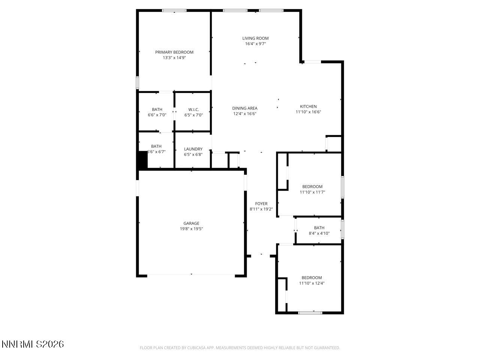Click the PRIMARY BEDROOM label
pos(174,52)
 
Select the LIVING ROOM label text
pos(255,38)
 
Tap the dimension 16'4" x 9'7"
pos(255,44)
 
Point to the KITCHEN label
pos(308,106)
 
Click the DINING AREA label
pos(244,108)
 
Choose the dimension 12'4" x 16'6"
pos(244,114)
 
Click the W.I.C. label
pos(193,109)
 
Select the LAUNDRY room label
pos(193,149)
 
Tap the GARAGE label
pos(191,223)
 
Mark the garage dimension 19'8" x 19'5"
pos(191,229)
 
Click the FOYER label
pos(261,204)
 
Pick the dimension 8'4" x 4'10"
pos(319,233)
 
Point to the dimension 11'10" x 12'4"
pos(312,283)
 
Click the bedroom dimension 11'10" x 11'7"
pos(312,192)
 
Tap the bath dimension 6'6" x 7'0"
pos(157,115)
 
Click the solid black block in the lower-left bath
pos(142,160)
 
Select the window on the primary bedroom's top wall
pos(174,10)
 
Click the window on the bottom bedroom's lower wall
pos(310,312)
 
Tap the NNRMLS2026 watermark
pos(33,344)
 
